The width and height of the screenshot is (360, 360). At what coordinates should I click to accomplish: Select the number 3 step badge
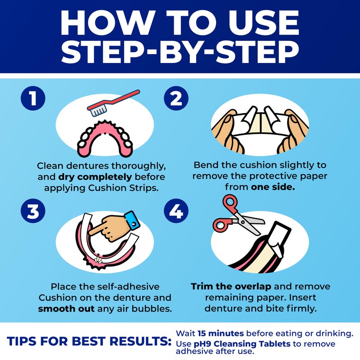pos(32,212)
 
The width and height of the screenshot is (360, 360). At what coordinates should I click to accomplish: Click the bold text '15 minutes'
pos(220,333)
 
